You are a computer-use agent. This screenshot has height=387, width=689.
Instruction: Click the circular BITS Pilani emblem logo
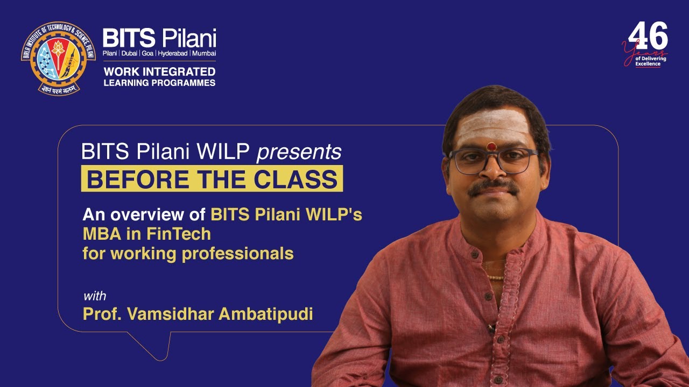pos(58,58)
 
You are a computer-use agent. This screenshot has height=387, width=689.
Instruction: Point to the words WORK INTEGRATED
pos(159,71)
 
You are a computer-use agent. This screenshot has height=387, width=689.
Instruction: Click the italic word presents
pos(299,152)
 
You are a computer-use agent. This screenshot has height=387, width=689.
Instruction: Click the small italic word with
pos(94,296)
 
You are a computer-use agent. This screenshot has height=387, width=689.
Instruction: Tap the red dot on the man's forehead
pos(491,146)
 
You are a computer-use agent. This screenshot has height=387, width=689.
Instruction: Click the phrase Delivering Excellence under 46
pos(650,61)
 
